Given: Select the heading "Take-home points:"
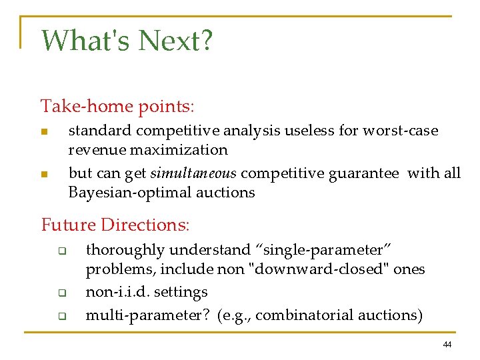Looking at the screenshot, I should tap(118, 106).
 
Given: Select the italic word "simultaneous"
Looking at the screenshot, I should tap(193, 173).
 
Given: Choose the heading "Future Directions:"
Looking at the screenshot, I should tap(115, 225).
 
